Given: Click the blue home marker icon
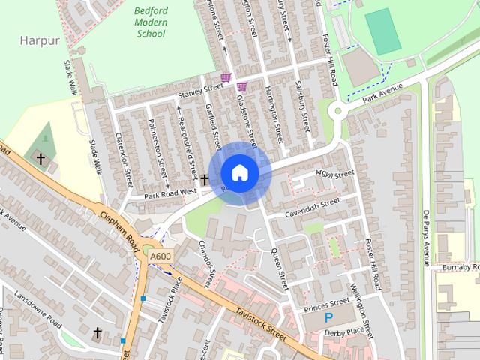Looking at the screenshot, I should tap(239, 173).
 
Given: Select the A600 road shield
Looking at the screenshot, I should tap(160, 256).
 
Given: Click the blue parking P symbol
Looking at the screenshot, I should tap(328, 318).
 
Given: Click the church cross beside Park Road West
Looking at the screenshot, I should tap(204, 180).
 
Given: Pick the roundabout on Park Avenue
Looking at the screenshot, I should tap(338, 112).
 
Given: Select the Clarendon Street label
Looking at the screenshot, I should tap(124, 158).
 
